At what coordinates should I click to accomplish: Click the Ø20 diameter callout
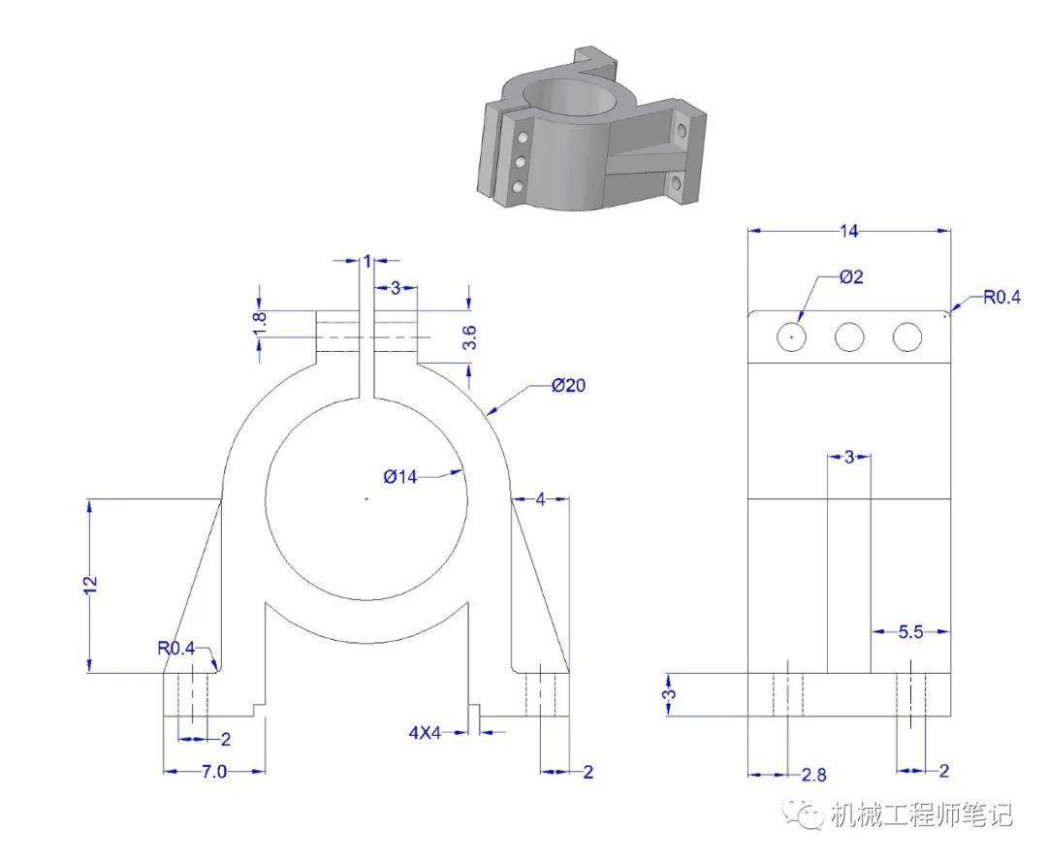coord(568,385)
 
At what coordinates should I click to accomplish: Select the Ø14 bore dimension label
coord(400,477)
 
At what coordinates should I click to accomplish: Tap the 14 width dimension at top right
coord(848,231)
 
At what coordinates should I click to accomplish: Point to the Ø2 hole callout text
coord(851,276)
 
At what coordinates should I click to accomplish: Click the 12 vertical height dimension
coord(91,585)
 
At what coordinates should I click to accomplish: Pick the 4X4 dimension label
coord(426,733)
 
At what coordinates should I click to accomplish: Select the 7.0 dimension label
coord(214,772)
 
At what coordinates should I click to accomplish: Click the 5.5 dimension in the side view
coord(910,631)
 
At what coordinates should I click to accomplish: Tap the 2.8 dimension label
coord(814,775)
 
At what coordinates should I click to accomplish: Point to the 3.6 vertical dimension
coord(470,337)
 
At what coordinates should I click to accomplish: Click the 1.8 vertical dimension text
coord(260,325)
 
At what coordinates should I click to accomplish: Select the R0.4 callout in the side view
coord(1001,298)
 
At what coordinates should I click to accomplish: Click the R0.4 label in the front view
coord(176,648)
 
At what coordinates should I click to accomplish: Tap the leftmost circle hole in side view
coord(791,336)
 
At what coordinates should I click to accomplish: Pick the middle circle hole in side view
coord(849,336)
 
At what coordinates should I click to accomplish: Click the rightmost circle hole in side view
coord(907,336)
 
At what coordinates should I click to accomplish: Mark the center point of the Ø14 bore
coord(365,497)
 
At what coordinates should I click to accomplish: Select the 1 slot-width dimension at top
coord(367,261)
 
